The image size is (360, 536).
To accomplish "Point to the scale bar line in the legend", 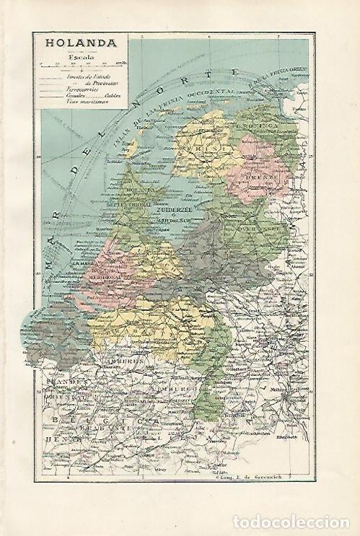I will click(x=80, y=65).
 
